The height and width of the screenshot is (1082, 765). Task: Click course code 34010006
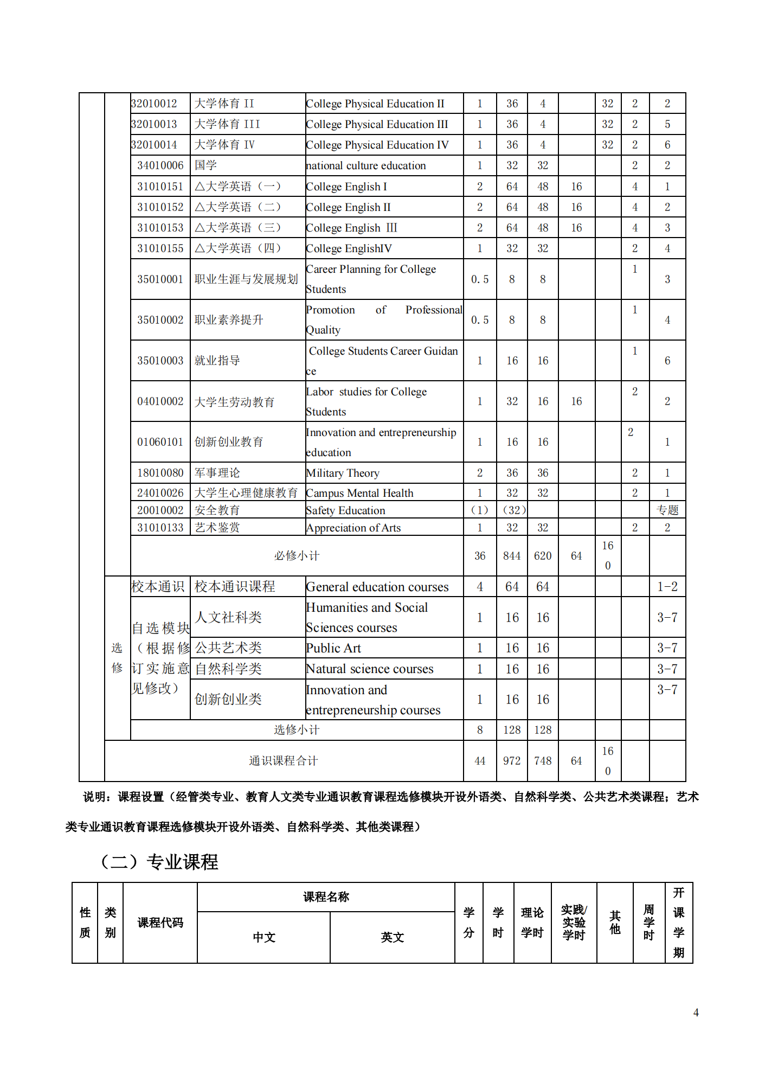click(160, 165)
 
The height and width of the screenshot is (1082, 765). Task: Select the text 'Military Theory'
click(343, 473)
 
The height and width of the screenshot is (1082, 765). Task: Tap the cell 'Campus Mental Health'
click(359, 493)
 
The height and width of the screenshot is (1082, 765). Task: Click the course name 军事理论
click(217, 473)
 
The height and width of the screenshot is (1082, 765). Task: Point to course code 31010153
click(160, 228)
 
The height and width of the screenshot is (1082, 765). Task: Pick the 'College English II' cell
click(348, 207)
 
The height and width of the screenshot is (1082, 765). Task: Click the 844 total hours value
click(512, 556)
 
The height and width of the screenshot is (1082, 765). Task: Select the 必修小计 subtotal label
click(297, 556)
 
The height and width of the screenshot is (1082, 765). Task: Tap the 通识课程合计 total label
click(283, 761)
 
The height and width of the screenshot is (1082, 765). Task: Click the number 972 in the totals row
click(512, 761)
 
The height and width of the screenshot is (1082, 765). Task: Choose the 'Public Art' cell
click(333, 648)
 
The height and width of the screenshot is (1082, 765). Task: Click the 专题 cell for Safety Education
click(667, 510)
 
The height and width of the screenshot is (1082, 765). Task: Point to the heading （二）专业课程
click(159, 862)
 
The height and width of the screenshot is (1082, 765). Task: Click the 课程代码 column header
click(160, 923)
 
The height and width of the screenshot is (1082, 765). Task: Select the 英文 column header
click(392, 937)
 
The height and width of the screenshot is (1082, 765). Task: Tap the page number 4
click(696, 1013)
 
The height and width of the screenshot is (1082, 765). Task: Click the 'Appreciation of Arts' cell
click(353, 528)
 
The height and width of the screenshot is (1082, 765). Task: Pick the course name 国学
click(205, 165)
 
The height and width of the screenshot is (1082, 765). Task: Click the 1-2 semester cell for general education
click(667, 587)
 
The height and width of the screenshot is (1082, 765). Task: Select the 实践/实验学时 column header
click(574, 923)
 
